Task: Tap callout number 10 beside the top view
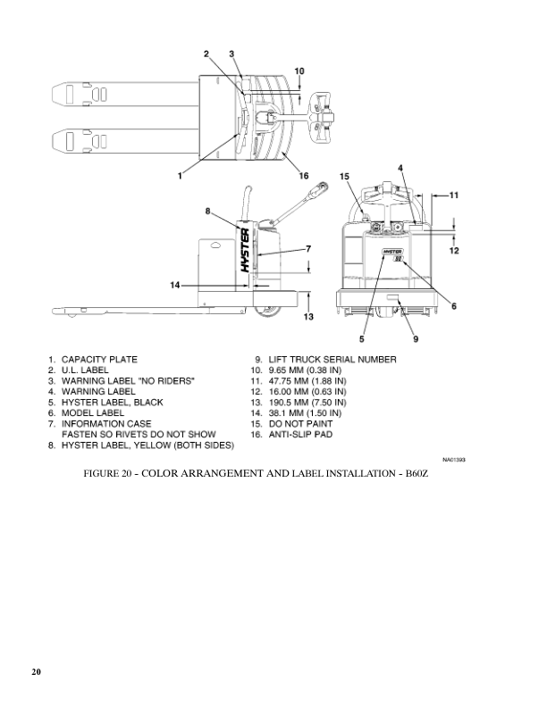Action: pyautogui.click(x=299, y=71)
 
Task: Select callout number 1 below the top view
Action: pyautogui.click(x=180, y=176)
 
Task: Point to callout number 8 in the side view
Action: pyautogui.click(x=207, y=212)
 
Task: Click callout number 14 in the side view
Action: pyautogui.click(x=175, y=286)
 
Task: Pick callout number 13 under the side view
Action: pyautogui.click(x=308, y=317)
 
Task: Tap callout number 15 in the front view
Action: pyautogui.click(x=344, y=178)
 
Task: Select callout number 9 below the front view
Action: pyautogui.click(x=416, y=338)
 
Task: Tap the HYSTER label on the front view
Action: pyautogui.click(x=394, y=254)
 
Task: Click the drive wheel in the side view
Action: pyautogui.click(x=267, y=308)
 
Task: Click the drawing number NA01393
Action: pyautogui.click(x=454, y=460)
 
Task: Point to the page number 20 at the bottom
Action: pyautogui.click(x=36, y=670)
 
